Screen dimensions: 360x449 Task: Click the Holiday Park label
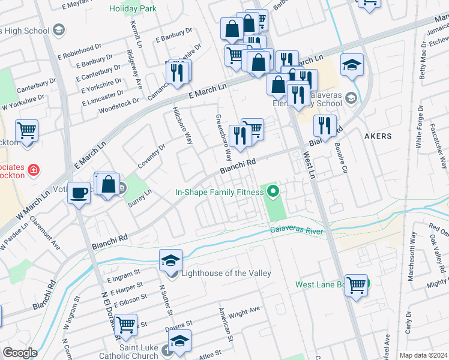(x=133, y=8)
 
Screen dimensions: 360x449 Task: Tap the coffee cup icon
(x=79, y=193)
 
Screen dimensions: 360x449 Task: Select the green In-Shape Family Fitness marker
(x=274, y=192)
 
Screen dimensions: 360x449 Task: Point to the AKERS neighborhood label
(x=378, y=136)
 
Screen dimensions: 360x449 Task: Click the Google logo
(x=20, y=353)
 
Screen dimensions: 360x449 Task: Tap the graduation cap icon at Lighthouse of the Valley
(x=170, y=262)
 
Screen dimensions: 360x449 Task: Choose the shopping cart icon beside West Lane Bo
(x=356, y=286)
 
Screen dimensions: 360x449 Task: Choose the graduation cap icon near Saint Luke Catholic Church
(x=179, y=341)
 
